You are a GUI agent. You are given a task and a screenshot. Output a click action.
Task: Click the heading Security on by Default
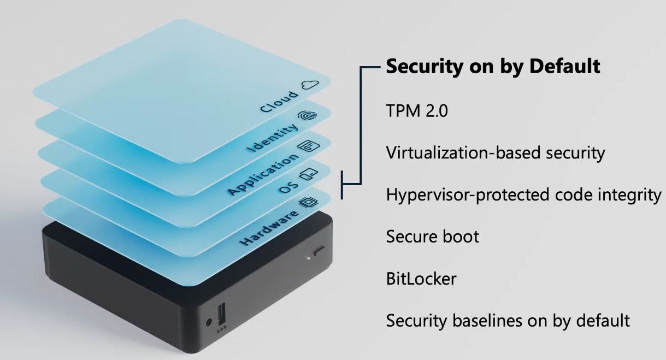click(x=493, y=67)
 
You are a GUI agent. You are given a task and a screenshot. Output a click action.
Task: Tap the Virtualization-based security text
click(x=495, y=154)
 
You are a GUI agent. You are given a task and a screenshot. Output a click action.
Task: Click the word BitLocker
click(x=421, y=279)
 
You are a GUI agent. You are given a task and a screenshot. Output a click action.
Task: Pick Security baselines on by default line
click(x=508, y=320)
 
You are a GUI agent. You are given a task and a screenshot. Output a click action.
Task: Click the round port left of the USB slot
click(x=208, y=322)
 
